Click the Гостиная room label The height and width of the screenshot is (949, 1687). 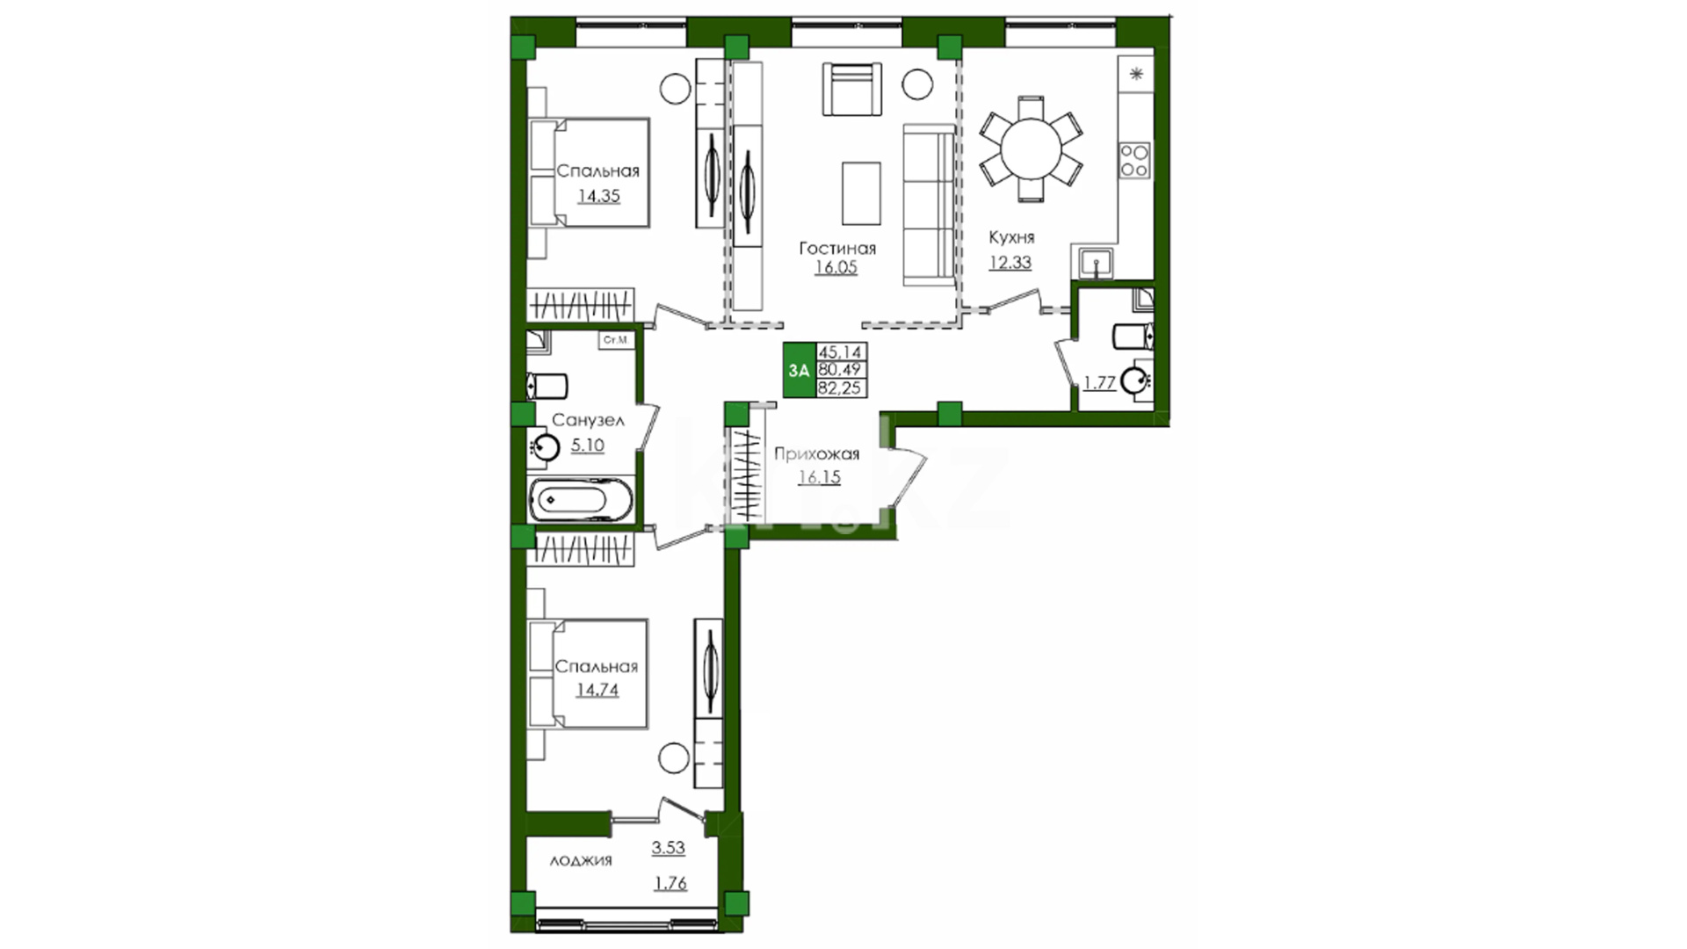pyautogui.click(x=836, y=248)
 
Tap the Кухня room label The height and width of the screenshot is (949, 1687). pyautogui.click(x=1011, y=237)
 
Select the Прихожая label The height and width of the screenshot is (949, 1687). pyautogui.click(x=816, y=453)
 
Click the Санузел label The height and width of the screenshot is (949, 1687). pyautogui.click(x=588, y=420)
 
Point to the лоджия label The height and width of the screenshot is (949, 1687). pyautogui.click(x=581, y=860)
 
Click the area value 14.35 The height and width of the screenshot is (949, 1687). pyautogui.click(x=598, y=196)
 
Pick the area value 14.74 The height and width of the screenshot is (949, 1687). pyautogui.click(x=597, y=690)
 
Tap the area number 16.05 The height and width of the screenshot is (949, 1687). pyautogui.click(x=836, y=267)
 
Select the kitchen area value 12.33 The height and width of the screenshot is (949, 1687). pyautogui.click(x=1010, y=262)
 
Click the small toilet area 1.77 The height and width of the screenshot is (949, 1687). pyautogui.click(x=1099, y=382)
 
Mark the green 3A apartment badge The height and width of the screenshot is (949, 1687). pyautogui.click(x=799, y=370)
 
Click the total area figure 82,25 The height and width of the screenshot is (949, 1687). pyautogui.click(x=840, y=388)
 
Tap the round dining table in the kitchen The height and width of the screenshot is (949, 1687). pyautogui.click(x=1031, y=149)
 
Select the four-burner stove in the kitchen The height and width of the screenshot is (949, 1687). pyautogui.click(x=1134, y=160)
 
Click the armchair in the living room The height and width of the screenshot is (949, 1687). pyautogui.click(x=851, y=89)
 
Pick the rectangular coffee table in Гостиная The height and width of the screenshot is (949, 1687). pyautogui.click(x=861, y=193)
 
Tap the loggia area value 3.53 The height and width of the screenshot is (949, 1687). pyautogui.click(x=668, y=848)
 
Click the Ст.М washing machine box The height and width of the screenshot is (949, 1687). pyautogui.click(x=616, y=340)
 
